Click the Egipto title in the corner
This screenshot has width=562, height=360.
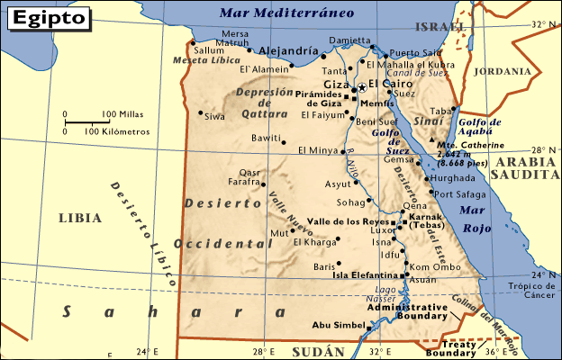click(x=50, y=16)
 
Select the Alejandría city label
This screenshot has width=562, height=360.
click(x=287, y=51)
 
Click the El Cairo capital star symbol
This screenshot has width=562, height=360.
click(x=362, y=86)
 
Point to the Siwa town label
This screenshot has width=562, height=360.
click(x=213, y=116)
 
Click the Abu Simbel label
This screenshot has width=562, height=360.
click(x=333, y=325)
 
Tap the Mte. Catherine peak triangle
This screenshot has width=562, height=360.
click(x=431, y=141)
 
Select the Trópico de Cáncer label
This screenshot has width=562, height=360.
click(x=537, y=291)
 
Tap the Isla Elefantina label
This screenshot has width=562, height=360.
click(x=365, y=275)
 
